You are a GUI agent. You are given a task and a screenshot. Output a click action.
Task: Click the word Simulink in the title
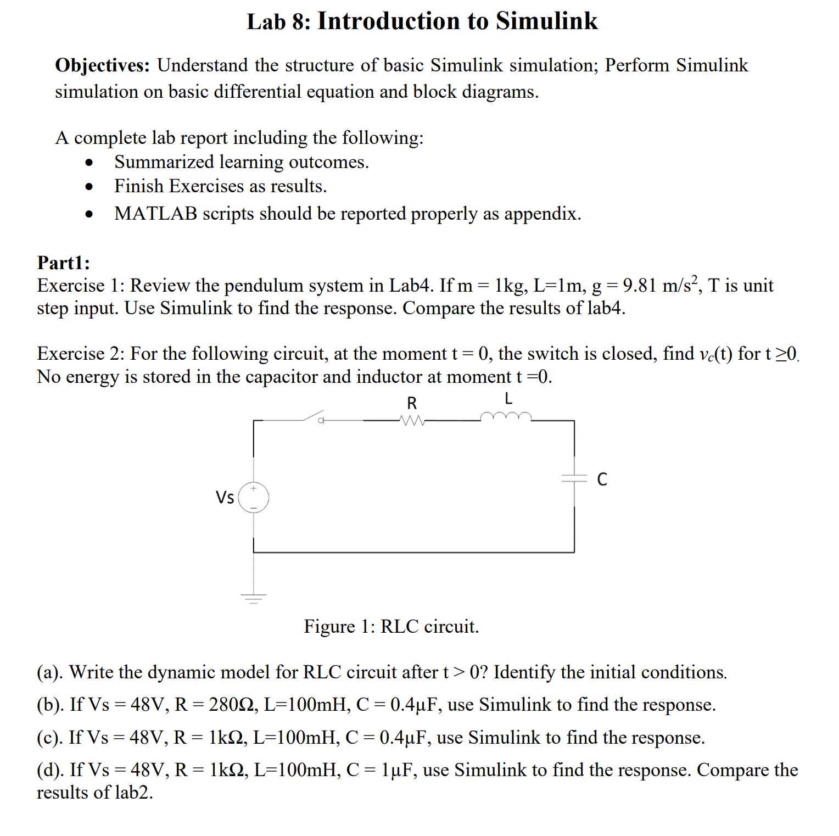point(546,21)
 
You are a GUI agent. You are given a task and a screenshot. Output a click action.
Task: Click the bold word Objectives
point(102,65)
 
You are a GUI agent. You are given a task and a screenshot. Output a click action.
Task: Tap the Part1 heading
point(64,263)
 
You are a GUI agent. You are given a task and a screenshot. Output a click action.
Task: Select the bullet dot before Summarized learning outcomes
point(89,163)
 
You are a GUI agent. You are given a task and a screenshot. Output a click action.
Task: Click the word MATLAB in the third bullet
point(155,214)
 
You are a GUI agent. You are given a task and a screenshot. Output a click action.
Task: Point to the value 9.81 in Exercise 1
point(640,286)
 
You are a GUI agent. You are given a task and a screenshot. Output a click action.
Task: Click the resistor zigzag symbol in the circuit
point(412,421)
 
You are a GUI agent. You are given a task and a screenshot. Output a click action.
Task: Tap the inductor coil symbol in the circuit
point(506,417)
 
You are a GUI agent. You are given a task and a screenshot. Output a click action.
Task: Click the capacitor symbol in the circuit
point(574,478)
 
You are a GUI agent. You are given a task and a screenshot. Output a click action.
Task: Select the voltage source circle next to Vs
point(253,498)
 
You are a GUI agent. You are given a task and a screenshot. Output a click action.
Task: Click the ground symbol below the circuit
point(253,598)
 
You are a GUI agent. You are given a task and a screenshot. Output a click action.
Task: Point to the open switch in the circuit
point(312,417)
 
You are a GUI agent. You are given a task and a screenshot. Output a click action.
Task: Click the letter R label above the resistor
point(412,403)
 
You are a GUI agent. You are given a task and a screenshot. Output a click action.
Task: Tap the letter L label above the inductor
point(508,398)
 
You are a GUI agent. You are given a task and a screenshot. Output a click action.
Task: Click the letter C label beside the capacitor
point(602,480)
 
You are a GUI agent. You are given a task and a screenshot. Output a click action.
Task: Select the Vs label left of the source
point(225,498)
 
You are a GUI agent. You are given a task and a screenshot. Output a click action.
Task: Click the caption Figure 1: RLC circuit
point(391,626)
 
